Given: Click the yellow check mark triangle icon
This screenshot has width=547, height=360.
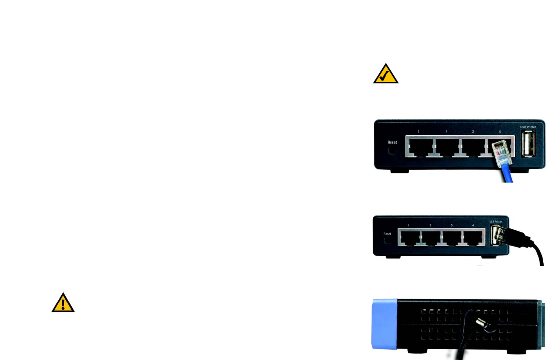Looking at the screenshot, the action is [x=386, y=74].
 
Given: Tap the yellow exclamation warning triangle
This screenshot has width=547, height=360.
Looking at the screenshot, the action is [x=63, y=303].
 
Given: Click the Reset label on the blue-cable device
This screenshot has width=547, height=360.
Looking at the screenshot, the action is [x=392, y=142].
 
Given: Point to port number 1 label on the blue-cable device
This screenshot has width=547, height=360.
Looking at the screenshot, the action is [x=418, y=132].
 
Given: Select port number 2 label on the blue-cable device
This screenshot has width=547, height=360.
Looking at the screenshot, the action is [x=446, y=132].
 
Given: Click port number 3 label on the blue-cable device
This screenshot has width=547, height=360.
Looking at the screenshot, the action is [x=473, y=132].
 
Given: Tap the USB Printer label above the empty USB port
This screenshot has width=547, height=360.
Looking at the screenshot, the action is [x=528, y=127].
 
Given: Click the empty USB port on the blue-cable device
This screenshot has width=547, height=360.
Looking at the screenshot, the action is [x=528, y=144].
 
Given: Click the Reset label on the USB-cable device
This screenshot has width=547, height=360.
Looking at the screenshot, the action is [x=387, y=234].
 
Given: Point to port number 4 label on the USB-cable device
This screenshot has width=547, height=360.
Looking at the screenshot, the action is [x=473, y=225].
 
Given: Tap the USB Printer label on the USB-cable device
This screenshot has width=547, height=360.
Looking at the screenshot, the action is [x=495, y=222].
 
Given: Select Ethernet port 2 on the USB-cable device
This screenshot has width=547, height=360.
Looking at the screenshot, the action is [x=431, y=237].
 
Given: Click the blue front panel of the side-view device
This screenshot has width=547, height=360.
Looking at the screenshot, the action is [x=384, y=324].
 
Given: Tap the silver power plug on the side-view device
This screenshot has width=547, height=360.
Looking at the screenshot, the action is [x=481, y=323].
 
